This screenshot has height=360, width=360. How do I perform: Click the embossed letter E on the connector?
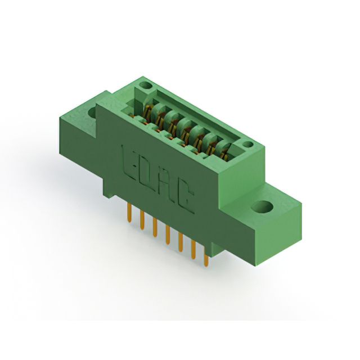130,163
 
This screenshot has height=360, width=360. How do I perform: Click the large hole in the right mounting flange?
262,206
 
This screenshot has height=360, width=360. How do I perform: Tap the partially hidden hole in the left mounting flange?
92,112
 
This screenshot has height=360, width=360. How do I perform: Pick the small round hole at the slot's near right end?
247,145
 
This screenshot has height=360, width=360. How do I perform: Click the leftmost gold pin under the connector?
129,213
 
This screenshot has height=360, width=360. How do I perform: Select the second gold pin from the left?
142,220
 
